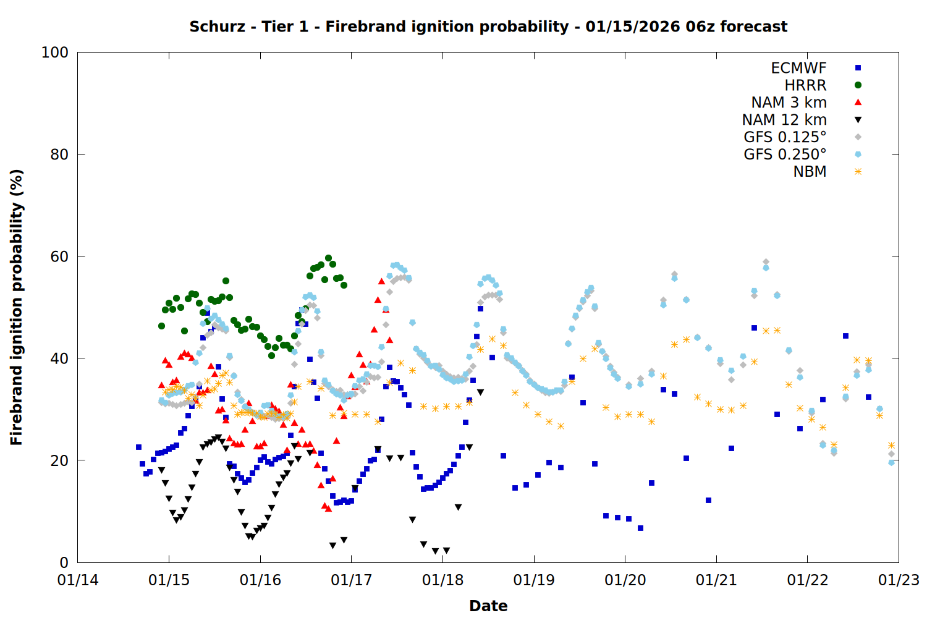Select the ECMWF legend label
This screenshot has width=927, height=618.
(798, 68)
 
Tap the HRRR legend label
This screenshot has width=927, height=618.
(805, 85)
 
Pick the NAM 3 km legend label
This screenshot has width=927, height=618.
(789, 103)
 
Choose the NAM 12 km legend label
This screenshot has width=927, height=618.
(784, 120)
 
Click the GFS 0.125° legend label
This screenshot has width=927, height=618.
(785, 137)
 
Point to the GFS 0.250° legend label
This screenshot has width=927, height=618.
(785, 154)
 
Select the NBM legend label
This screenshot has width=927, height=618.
(810, 172)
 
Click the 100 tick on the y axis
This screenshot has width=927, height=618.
(55, 53)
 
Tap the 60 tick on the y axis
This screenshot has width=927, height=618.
(59, 256)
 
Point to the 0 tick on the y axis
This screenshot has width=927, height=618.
(64, 563)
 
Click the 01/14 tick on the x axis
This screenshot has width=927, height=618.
(78, 580)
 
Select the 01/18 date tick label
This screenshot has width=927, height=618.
(442, 580)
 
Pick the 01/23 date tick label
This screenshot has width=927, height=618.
(899, 580)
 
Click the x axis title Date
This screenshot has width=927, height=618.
(488, 606)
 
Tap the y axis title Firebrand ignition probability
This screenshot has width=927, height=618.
(17, 307)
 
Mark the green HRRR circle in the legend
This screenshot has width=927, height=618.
(858, 85)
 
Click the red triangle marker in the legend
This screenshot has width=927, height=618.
(858, 103)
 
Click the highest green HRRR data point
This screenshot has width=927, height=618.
(328, 258)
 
